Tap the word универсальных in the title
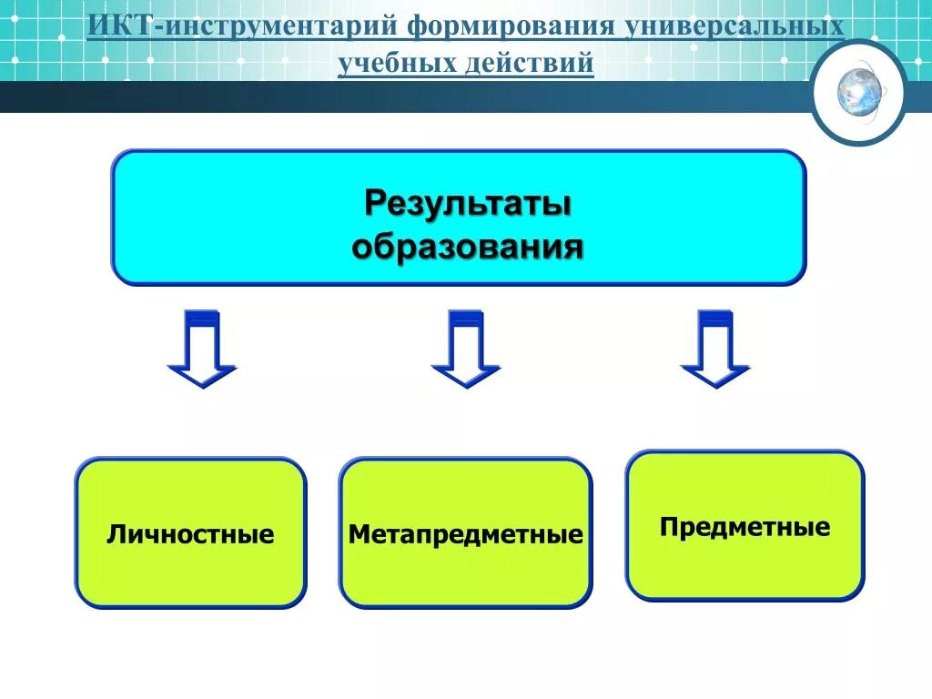(734, 27)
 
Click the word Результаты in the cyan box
(468, 203)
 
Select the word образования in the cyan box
(467, 246)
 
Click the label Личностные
(190, 534)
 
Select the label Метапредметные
(465, 534)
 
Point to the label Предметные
(745, 527)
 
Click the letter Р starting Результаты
(374, 203)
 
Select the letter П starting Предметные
(668, 527)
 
